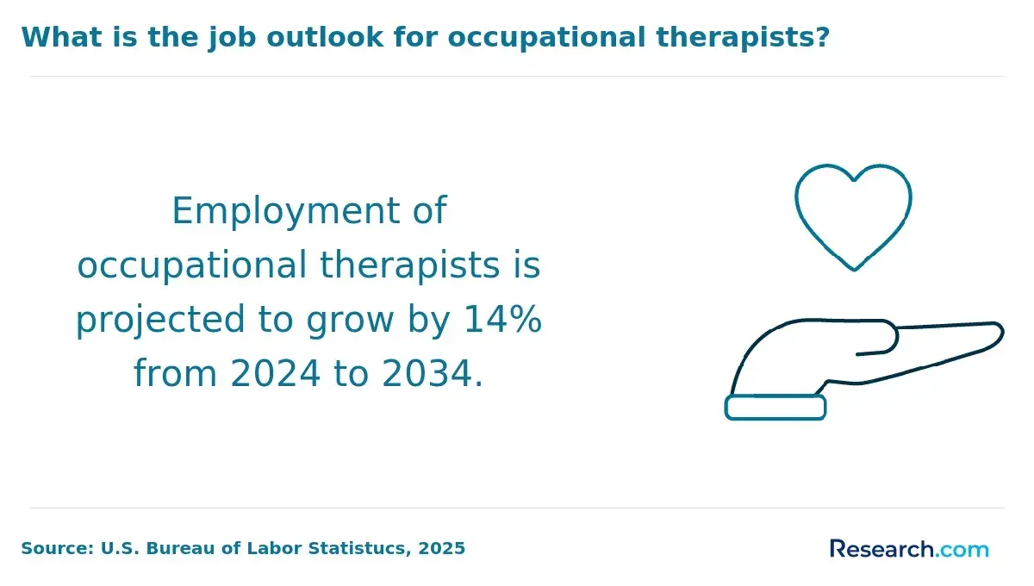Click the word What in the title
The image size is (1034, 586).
tap(61, 37)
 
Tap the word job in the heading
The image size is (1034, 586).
tap(231, 38)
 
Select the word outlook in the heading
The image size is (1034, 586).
tap(325, 37)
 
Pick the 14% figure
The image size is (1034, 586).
tap(502, 319)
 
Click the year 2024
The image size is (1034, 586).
tap(275, 373)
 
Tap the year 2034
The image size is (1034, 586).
tap(427, 373)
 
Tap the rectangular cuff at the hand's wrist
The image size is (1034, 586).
tap(775, 408)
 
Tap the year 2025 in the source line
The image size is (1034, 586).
tap(441, 548)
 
